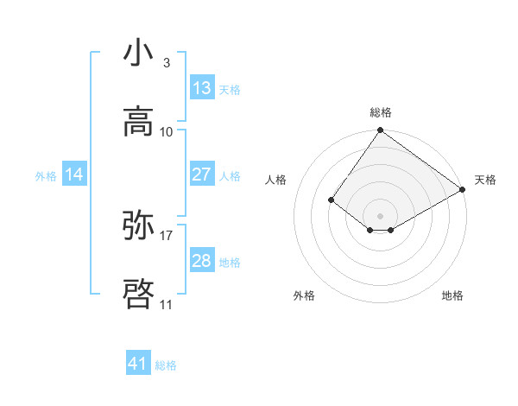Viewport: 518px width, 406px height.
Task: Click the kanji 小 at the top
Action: tap(139, 53)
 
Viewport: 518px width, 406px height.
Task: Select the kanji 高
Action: tap(139, 121)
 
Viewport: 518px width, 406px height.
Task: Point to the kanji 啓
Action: tap(139, 294)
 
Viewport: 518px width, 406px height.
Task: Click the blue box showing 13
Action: tap(202, 88)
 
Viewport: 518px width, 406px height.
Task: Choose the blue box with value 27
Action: tap(202, 174)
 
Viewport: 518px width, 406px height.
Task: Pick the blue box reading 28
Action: tap(202, 261)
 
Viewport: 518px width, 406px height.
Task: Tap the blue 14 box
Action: tap(74, 175)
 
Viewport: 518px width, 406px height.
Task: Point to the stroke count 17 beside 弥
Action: tap(167, 234)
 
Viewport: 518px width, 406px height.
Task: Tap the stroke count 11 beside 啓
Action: tap(167, 304)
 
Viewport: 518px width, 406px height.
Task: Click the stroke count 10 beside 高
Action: tap(167, 131)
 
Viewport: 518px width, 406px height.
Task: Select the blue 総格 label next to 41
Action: tap(166, 365)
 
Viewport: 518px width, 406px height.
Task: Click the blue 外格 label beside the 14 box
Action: tap(46, 176)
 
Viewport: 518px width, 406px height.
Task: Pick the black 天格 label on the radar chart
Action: tap(485, 180)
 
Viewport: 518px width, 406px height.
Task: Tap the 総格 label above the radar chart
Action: tap(381, 112)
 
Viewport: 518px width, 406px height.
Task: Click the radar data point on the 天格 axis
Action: tap(463, 189)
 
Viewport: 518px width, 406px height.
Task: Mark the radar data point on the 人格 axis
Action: tap(332, 200)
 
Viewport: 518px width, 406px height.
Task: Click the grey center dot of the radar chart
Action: tap(381, 215)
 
